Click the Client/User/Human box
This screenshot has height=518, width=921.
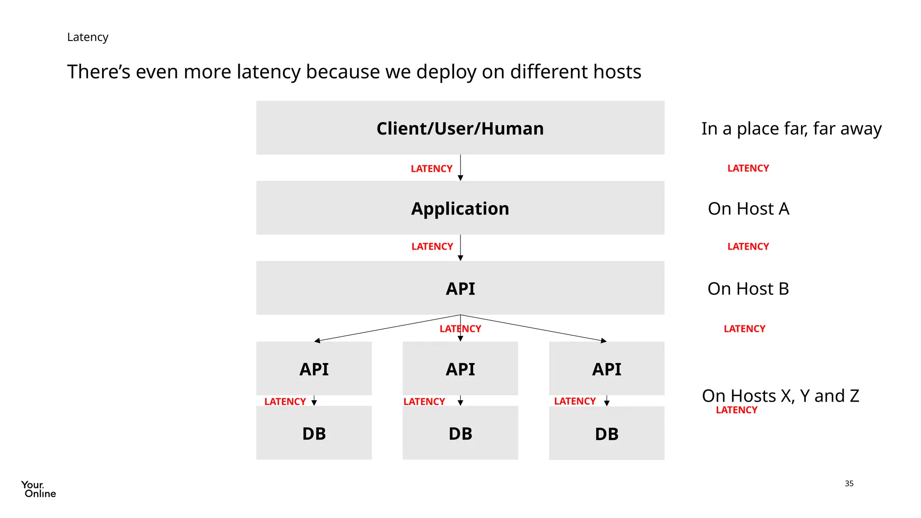pos(460,128)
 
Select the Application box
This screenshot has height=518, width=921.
pos(460,208)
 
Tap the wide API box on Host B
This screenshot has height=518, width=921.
pos(460,288)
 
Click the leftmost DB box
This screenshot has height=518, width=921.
pos(314,433)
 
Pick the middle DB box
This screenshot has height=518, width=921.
pos(460,433)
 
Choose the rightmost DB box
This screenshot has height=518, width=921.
pos(606,433)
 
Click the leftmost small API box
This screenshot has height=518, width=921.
pos(314,369)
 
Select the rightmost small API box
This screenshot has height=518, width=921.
pos(606,369)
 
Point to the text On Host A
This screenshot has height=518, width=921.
pos(748,209)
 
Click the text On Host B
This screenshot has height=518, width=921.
pos(748,289)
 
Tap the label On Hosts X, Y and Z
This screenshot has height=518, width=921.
pos(780,396)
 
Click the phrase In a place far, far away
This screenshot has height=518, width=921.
pos(791,129)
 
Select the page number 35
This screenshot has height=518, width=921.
pos(849,483)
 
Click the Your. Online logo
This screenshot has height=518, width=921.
pos(38,489)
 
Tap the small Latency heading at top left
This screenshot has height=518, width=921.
pos(88,37)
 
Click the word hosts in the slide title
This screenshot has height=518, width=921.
pos(617,72)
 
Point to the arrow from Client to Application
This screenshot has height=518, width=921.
pos(460,167)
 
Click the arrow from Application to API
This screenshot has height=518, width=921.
pos(460,247)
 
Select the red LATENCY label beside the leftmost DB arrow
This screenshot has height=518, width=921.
pos(285,402)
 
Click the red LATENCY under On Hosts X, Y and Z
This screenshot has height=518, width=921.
pos(736,410)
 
